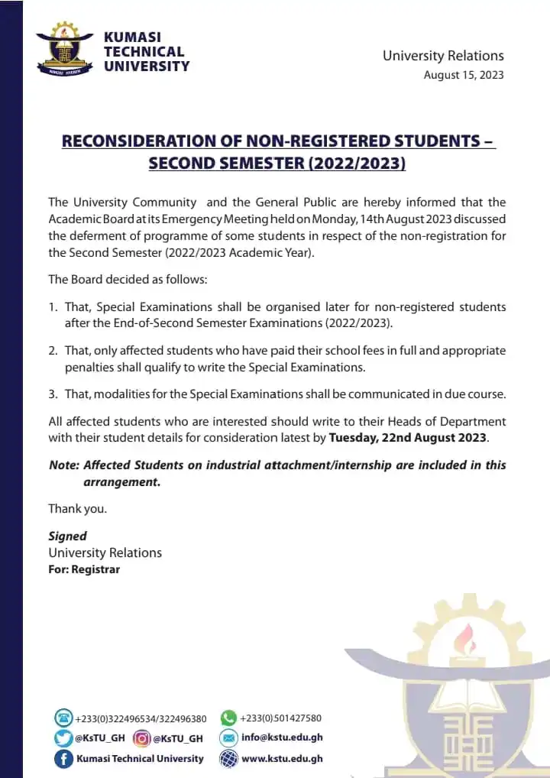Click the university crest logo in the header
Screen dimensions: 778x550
pyautogui.click(x=64, y=50)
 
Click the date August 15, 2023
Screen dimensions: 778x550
pyautogui.click(x=464, y=75)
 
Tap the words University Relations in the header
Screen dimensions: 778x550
pyautogui.click(x=443, y=55)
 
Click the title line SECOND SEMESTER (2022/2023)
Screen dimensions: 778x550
pyautogui.click(x=277, y=164)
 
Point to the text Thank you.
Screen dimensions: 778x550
pyautogui.click(x=77, y=508)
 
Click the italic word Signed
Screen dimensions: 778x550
pyautogui.click(x=67, y=536)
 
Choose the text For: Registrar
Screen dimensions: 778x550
pyautogui.click(x=84, y=569)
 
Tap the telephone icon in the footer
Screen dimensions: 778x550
pyautogui.click(x=63, y=718)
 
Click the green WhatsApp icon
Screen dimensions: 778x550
pyautogui.click(x=228, y=718)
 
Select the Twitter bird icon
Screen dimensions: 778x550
pyautogui.click(x=63, y=738)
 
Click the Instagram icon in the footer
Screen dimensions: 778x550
pyautogui.click(x=141, y=738)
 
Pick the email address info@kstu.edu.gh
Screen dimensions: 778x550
pyautogui.click(x=282, y=738)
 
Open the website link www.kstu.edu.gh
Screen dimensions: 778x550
pyautogui.click(x=282, y=759)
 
